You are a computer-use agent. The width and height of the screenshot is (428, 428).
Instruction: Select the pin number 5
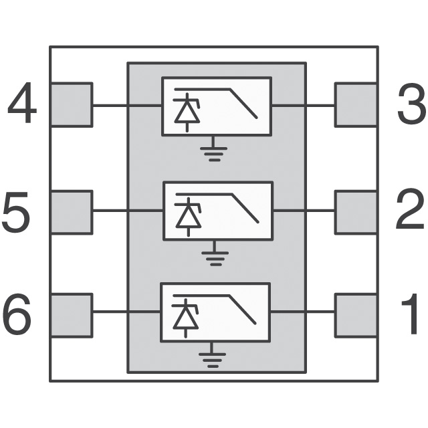(x=15, y=213)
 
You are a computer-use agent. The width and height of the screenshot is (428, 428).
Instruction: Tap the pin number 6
(x=17, y=315)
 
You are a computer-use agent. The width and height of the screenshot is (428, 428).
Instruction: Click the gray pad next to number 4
(x=71, y=104)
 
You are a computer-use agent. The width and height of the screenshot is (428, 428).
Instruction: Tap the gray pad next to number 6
(x=71, y=314)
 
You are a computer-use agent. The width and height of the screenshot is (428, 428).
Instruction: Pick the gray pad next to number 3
(x=356, y=104)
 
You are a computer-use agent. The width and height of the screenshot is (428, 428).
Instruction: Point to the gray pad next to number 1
(x=356, y=314)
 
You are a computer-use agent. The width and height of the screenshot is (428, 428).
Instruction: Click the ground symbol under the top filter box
(x=214, y=150)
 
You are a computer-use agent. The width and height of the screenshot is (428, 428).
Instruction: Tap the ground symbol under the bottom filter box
(x=213, y=359)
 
